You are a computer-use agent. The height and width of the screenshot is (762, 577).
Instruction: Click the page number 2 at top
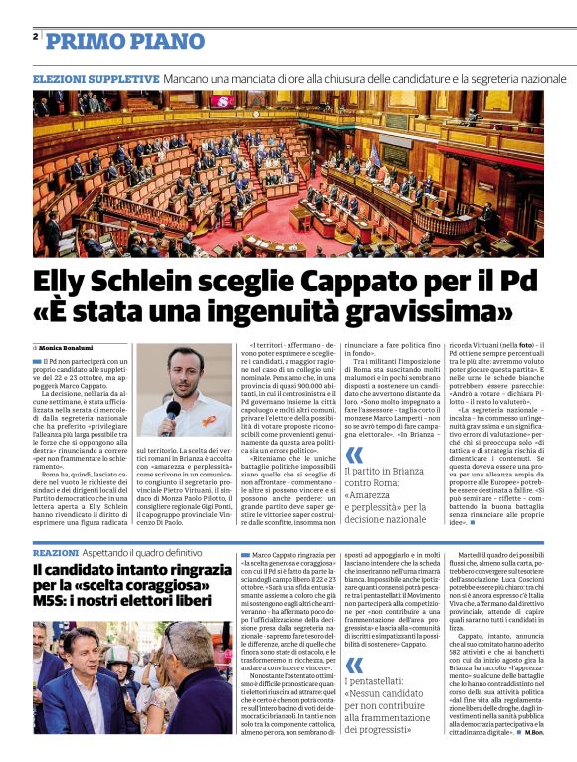coord(35,37)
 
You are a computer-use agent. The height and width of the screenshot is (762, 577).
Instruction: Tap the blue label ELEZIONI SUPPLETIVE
coord(96,78)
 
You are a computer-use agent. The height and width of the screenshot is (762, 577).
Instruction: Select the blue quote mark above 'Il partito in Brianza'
coord(353,456)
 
